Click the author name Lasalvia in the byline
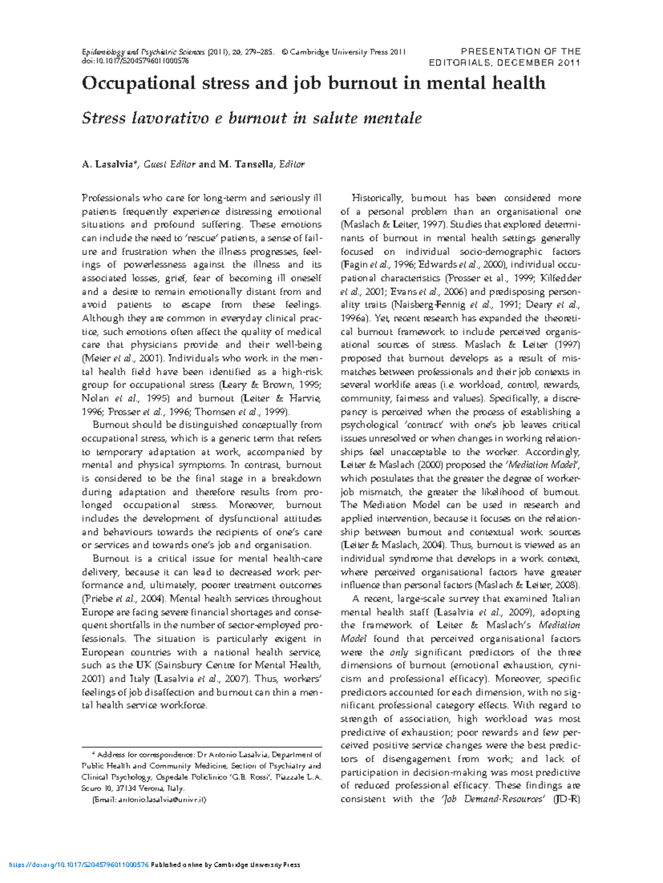pyautogui.click(x=114, y=165)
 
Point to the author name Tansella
pyautogui.click(x=254, y=165)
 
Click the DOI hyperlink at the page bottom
pyautogui.click(x=80, y=865)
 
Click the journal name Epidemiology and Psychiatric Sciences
pyautogui.click(x=144, y=52)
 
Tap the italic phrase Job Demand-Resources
pyautogui.click(x=494, y=800)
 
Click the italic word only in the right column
pyautogui.click(x=399, y=653)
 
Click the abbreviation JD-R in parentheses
pyautogui.click(x=567, y=800)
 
